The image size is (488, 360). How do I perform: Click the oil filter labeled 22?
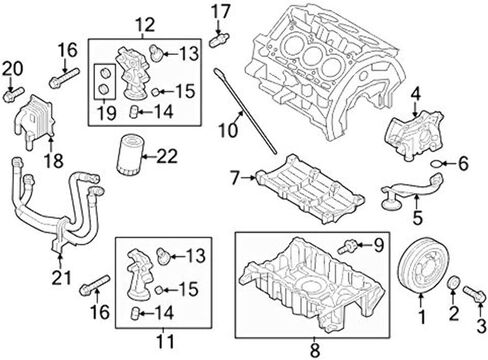tap(129, 154)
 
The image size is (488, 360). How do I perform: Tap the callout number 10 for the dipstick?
tap(228, 131)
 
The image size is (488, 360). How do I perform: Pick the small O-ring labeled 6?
tap(436, 163)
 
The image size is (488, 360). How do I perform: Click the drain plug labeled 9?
tap(347, 247)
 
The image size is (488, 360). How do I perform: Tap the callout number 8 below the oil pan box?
tap(314, 350)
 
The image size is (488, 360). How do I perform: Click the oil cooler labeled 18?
tap(34, 121)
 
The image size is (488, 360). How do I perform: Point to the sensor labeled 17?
tap(219, 39)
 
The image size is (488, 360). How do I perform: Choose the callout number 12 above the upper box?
tap(145, 25)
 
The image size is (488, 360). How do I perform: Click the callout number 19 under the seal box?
tap(107, 113)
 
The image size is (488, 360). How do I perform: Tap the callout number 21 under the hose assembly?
tap(62, 277)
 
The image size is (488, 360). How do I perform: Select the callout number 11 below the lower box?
tap(165, 341)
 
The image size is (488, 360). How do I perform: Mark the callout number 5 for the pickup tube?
tap(417, 217)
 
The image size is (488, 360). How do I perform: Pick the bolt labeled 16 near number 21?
tap(95, 285)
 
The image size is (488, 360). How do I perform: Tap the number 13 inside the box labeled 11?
tap(195, 256)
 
